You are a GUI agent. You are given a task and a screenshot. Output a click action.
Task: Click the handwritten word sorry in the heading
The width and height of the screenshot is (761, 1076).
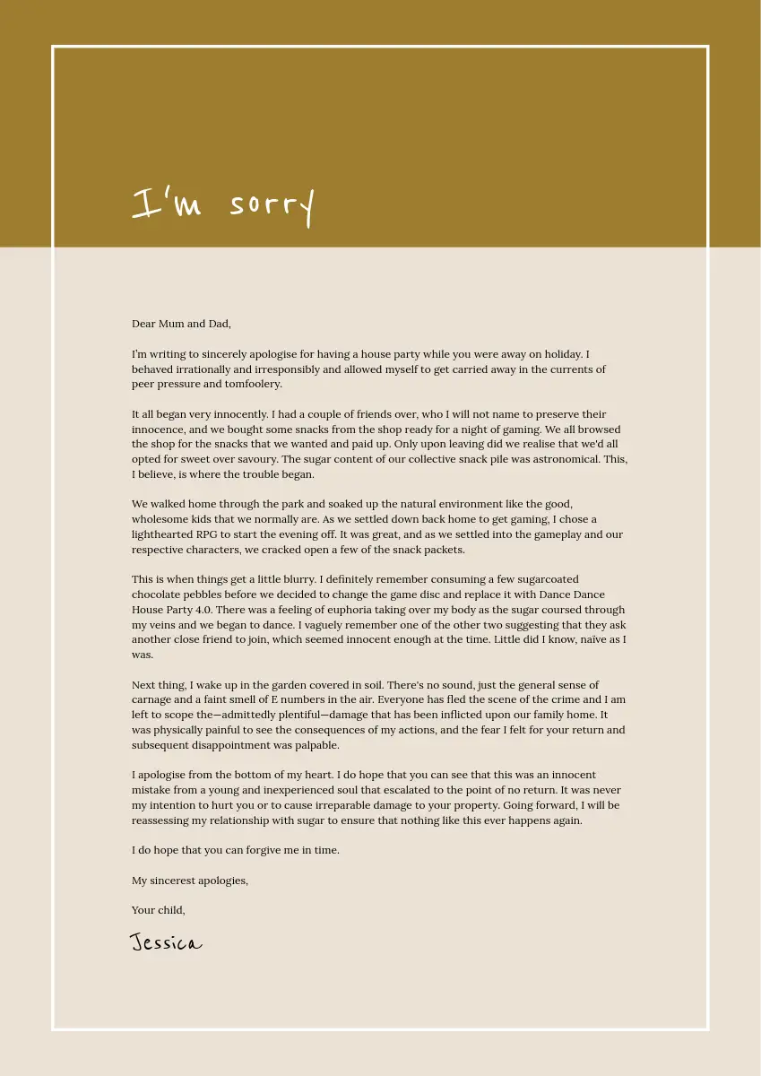point(272,205)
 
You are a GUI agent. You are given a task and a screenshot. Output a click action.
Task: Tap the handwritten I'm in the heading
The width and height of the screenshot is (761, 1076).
point(167,204)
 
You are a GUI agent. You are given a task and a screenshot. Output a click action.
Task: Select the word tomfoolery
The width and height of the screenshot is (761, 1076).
point(253,384)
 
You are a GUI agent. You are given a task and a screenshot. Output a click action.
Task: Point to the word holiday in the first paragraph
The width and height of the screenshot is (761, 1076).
point(559,354)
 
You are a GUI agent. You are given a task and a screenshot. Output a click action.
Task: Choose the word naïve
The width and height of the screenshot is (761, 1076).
point(586,639)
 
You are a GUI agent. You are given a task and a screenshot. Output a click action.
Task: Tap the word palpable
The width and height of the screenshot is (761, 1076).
point(316,745)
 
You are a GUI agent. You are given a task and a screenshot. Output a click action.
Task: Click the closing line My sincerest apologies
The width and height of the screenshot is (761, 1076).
point(190,881)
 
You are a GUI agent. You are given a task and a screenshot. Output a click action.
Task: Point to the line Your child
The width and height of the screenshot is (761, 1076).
point(159,910)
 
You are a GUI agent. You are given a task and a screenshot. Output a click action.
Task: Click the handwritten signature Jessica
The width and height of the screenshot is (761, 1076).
point(166,943)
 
